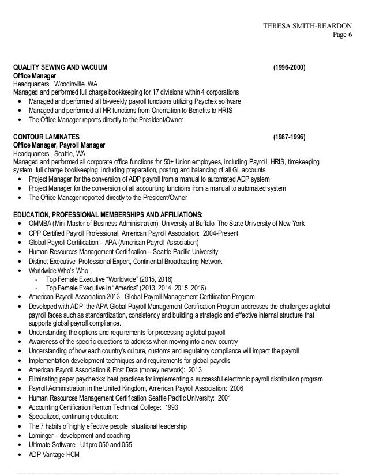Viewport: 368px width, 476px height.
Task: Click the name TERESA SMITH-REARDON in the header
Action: (306, 25)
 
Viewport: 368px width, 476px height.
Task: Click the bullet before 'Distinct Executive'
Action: (21, 260)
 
